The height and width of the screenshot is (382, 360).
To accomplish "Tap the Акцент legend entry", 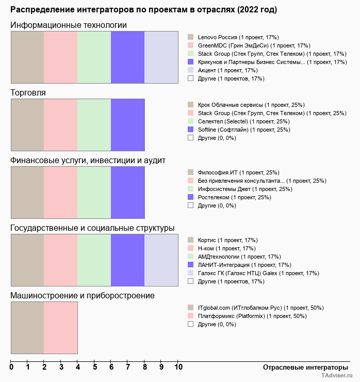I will point(227,70).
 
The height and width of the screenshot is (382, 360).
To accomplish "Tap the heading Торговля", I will point(28,93).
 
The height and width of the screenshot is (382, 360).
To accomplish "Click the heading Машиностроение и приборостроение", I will point(82,296).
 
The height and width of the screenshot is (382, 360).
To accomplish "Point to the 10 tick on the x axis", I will point(178,367).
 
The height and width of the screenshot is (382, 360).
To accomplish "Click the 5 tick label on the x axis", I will point(95,367).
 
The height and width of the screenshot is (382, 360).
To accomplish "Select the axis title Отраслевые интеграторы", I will point(302,367).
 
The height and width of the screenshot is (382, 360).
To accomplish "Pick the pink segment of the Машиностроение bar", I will point(60,328).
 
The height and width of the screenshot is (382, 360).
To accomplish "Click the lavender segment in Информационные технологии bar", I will point(161,57).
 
